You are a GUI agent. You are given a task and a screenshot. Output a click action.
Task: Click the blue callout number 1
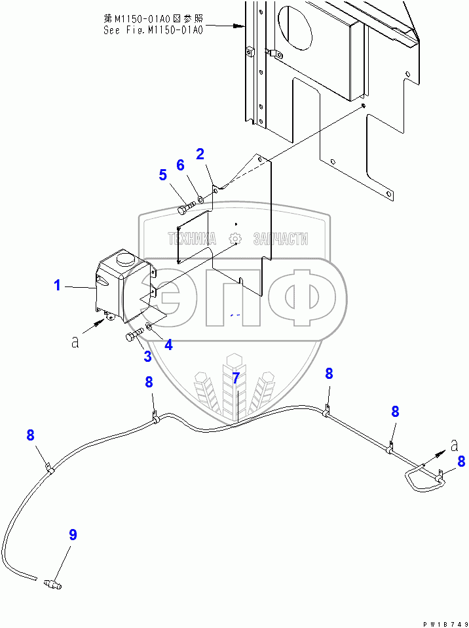pyautogui.click(x=58, y=285)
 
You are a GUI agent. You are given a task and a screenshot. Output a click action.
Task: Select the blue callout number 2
pyautogui.click(x=200, y=154)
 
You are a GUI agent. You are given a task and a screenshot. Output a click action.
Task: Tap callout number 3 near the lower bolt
pyautogui.click(x=148, y=357)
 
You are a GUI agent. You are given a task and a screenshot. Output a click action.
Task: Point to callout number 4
pyautogui.click(x=168, y=344)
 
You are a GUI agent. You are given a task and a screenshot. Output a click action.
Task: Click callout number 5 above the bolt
pyautogui.click(x=162, y=175)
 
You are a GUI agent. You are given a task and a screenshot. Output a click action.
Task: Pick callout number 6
pyautogui.click(x=180, y=165)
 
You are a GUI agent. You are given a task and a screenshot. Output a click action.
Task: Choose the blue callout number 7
pyautogui.click(x=236, y=378)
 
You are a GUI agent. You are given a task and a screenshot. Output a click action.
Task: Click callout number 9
pyautogui.click(x=73, y=535)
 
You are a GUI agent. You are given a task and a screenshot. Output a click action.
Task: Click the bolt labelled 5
pyautogui.click(x=185, y=209)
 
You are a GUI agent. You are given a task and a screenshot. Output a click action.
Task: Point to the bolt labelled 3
pyautogui.click(x=134, y=337)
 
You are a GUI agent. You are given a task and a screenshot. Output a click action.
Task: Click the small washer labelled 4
pyautogui.click(x=149, y=326)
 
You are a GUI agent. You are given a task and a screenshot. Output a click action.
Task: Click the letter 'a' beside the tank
pyautogui.click(x=75, y=342)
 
